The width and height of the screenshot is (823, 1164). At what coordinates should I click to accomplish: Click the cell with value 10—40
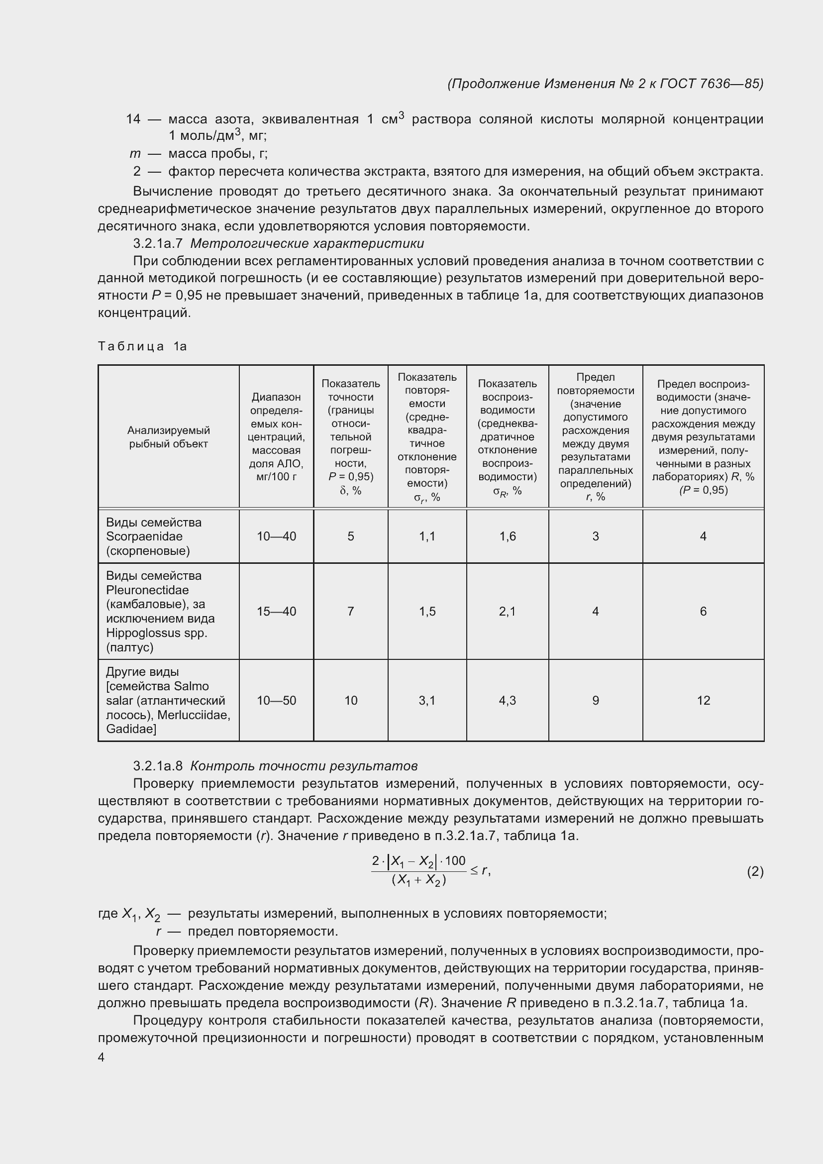(276, 536)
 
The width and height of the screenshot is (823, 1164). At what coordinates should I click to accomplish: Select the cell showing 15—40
(276, 612)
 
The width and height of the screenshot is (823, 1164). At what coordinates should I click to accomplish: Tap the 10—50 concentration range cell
(276, 701)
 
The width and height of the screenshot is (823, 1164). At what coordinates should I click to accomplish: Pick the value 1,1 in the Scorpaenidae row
(427, 536)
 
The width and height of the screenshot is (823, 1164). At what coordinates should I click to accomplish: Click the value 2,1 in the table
(507, 612)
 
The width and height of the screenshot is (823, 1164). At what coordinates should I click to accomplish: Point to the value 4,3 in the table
(507, 701)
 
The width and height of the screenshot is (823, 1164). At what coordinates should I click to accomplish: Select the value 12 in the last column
(704, 701)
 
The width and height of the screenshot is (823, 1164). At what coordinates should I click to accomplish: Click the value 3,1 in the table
(427, 701)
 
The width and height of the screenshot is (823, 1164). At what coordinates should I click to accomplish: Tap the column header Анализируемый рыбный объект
(168, 437)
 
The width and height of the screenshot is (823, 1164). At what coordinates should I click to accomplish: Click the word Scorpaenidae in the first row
(144, 536)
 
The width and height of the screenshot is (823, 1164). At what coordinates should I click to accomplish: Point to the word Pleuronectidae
(147, 590)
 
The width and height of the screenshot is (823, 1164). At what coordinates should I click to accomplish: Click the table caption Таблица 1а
(142, 346)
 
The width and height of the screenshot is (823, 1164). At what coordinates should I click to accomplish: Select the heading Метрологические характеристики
(307, 244)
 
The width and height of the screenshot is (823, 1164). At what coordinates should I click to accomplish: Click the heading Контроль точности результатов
(304, 765)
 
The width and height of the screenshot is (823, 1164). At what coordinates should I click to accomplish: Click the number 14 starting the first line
(133, 119)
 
